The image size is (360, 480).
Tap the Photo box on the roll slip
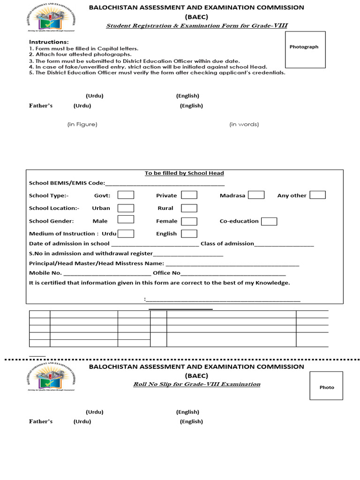[326, 385]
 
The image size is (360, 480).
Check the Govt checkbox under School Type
[126, 195]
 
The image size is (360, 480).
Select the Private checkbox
[189, 195]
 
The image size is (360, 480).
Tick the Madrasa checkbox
[256, 195]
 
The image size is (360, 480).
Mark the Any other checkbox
[317, 195]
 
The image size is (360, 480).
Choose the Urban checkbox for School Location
[126, 208]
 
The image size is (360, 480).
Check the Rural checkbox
[189, 208]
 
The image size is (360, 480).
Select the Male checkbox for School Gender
[126, 219]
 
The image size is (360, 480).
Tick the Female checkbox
[189, 221]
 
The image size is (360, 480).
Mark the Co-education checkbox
[269, 221]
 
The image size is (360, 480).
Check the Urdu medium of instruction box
[126, 233]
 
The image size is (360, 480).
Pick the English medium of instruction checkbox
[189, 233]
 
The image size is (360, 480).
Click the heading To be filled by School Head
[184, 173]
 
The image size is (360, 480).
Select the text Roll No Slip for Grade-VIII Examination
[196, 384]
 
